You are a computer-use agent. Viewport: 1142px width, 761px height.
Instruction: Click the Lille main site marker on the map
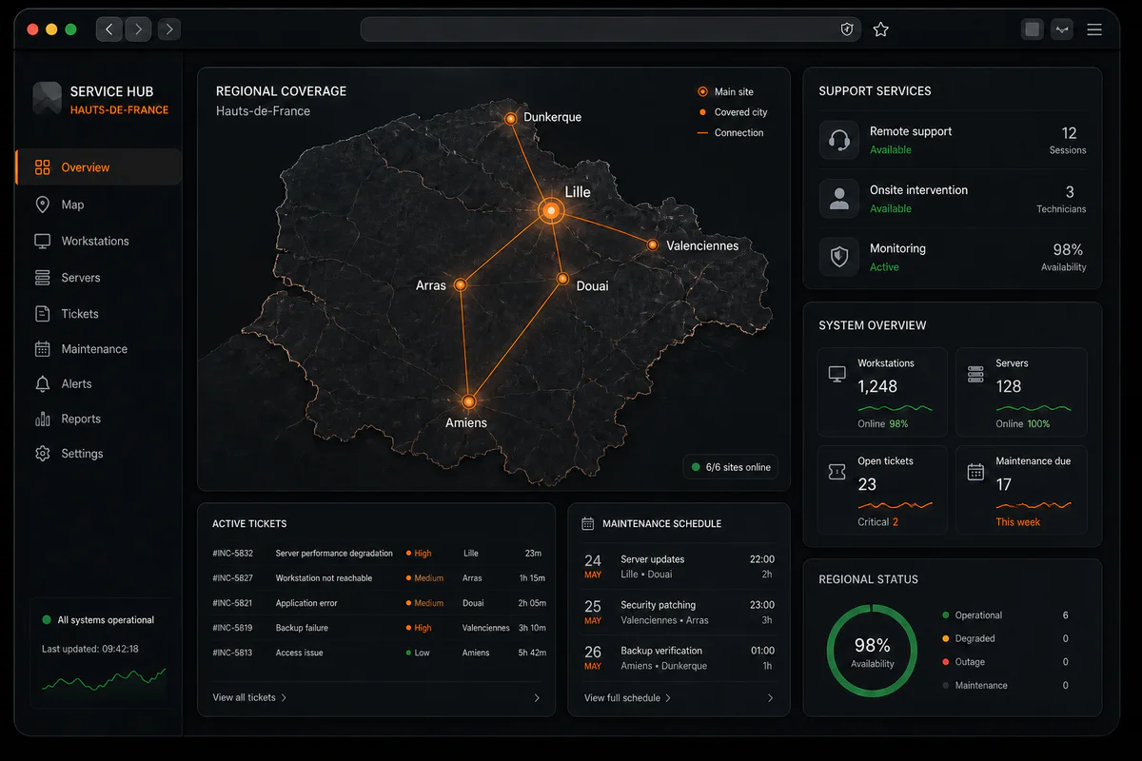click(551, 210)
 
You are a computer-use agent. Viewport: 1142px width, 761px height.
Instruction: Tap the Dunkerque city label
click(552, 117)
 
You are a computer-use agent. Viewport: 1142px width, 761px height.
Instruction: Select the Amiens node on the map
click(468, 401)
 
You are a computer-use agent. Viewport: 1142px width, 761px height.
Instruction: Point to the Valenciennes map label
click(702, 245)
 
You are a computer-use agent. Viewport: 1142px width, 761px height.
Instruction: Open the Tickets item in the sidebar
click(80, 314)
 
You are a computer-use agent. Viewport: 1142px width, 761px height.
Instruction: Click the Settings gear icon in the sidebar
click(43, 454)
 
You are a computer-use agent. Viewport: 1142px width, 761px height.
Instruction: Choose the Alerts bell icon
click(43, 383)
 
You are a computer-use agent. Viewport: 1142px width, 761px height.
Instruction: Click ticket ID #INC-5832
click(232, 554)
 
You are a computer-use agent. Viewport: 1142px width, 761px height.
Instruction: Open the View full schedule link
click(627, 698)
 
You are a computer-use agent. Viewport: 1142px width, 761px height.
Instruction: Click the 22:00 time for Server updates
click(761, 559)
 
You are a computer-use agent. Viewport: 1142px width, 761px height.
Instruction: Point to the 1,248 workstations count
click(876, 386)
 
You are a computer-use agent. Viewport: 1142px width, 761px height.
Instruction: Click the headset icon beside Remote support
click(838, 140)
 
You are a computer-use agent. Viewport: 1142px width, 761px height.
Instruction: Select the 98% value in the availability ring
click(873, 646)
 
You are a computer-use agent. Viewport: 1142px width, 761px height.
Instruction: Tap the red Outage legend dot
click(946, 662)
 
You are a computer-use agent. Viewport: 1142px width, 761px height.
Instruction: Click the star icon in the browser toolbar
click(880, 29)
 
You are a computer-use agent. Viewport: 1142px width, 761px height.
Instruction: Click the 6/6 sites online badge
click(731, 467)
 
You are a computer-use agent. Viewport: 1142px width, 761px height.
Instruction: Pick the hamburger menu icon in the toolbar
click(1094, 29)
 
